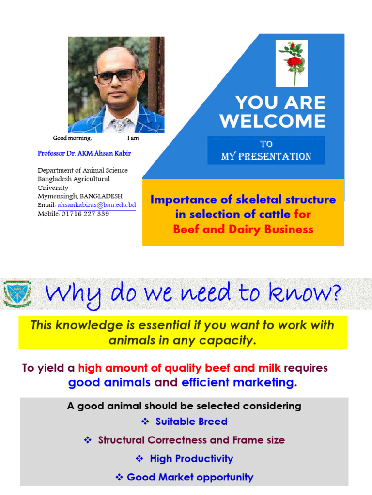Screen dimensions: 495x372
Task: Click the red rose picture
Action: pos(292,63)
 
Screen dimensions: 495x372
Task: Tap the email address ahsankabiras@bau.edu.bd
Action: pos(96,205)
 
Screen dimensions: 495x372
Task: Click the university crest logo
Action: pos(17,294)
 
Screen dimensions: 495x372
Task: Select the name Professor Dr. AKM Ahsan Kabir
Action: pos(84,153)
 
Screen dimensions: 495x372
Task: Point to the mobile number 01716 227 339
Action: pos(85,214)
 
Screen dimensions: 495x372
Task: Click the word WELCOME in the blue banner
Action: pos(272,121)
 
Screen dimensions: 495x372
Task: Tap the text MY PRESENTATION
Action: pos(266,156)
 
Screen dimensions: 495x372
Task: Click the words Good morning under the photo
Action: pos(72,138)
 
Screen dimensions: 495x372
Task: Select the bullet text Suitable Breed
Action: pos(191,422)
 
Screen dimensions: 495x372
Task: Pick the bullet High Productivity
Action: pos(191,459)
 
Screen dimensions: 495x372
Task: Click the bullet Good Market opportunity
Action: pos(190,478)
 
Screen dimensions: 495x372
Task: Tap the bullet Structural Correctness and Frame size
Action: pos(191,440)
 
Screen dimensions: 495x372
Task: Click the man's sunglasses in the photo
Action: pos(116,75)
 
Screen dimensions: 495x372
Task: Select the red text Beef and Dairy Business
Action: pos(243,229)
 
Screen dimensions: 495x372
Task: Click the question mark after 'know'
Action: pos(335,293)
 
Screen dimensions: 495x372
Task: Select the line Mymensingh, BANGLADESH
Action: pos(80,196)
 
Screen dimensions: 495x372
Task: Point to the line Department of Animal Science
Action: pos(83,170)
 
